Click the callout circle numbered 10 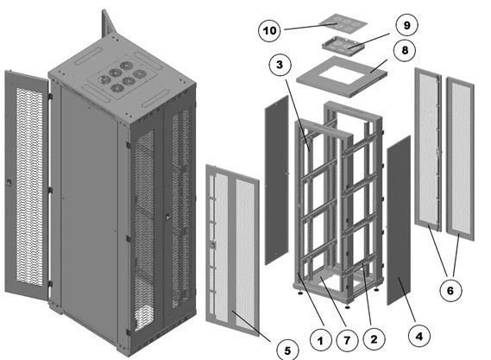pos(269,30)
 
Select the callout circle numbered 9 pos(406,25)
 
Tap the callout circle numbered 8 pos(405,50)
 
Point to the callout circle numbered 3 pos(280,65)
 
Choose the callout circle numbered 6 pos(450,291)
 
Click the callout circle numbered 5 pos(287,350)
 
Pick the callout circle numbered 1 pos(320,340)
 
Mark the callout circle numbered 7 pos(347,340)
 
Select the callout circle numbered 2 pos(374,339)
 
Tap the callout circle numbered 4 pos(419,337)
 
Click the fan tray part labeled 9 pos(343,46)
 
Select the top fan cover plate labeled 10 pos(343,23)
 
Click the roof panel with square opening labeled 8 pos(342,77)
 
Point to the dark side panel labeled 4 pos(399,220)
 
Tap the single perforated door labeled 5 pos(232,249)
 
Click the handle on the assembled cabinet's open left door pos(9,181)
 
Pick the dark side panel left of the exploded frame pos(277,180)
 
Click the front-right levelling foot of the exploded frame pos(347,306)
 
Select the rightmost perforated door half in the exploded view pos(460,159)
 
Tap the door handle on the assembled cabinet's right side pos(167,217)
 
